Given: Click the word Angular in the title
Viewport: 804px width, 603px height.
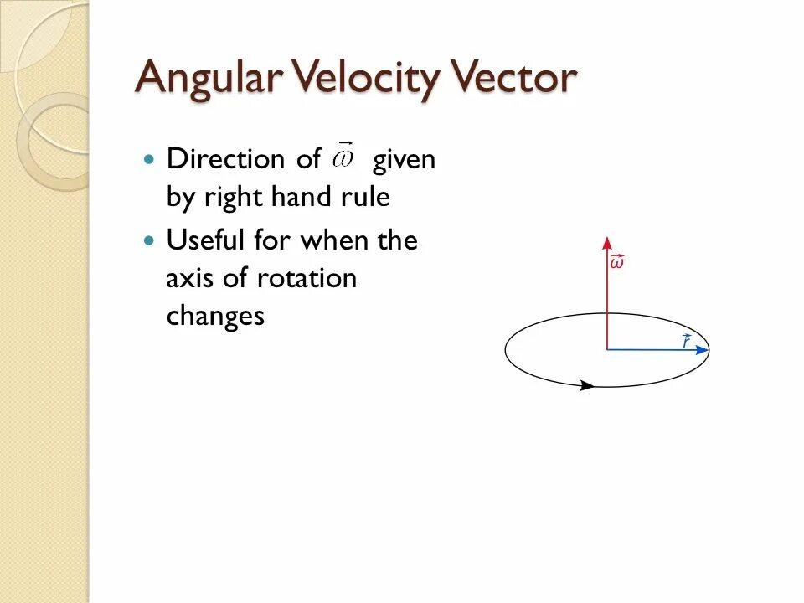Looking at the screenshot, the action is tap(205, 79).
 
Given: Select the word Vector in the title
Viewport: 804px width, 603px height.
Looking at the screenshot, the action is tap(514, 79).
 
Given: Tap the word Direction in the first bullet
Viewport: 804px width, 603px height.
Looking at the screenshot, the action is tap(220, 159).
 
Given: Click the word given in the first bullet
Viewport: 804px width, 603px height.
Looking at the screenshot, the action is tap(405, 159).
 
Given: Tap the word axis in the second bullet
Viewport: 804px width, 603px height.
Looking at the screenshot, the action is tap(189, 278).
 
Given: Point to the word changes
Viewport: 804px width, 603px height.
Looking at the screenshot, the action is tap(215, 317).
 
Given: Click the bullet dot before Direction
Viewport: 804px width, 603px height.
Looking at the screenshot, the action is tap(150, 158).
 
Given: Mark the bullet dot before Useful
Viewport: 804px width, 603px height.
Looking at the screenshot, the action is tap(150, 240).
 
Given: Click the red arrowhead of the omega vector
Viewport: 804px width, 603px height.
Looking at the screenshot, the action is tap(606, 243).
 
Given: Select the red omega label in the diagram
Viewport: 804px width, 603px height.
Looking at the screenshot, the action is tap(616, 262).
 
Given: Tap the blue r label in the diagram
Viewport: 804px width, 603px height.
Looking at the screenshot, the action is tap(686, 341).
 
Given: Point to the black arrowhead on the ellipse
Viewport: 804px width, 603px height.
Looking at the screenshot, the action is tap(587, 386).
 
